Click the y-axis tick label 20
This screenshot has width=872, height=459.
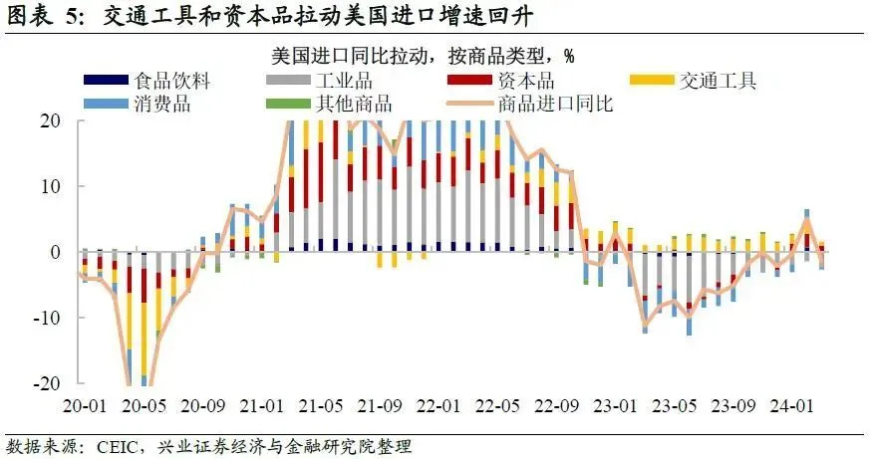click(50, 120)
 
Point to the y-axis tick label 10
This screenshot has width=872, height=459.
click(50, 186)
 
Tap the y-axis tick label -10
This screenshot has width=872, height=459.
click(46, 318)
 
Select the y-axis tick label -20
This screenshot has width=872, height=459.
click(46, 383)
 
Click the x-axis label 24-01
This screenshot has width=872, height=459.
click(795, 406)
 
